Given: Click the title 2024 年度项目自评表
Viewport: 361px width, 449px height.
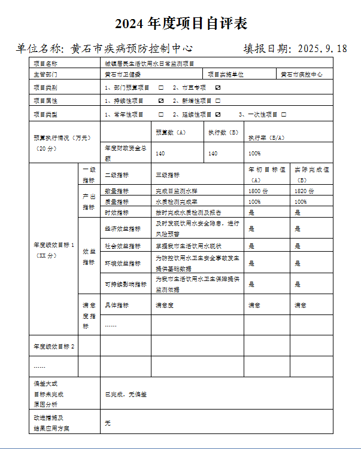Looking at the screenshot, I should [181, 24].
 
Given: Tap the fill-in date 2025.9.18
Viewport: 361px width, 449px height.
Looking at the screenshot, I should [321, 49].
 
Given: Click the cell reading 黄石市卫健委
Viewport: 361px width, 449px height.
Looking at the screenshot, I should [123, 75].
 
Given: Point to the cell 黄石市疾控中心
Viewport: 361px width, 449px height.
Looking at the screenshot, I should [302, 75].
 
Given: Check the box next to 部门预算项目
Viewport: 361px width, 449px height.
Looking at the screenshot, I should [161, 88].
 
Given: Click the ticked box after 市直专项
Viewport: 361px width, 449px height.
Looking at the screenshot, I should [217, 88].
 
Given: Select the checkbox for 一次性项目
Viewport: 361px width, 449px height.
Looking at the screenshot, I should [283, 114].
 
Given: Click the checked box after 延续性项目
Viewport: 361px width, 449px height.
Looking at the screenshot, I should [217, 114].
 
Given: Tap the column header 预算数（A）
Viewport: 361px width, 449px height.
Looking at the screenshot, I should [171, 132].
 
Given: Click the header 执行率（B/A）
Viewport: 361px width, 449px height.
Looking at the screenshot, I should [267, 138].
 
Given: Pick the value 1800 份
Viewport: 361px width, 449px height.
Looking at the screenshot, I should [259, 191].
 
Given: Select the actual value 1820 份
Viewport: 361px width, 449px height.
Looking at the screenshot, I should [305, 191].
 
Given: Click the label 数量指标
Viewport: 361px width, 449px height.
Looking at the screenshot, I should [117, 191].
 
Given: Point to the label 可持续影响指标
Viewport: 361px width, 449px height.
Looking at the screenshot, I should [126, 285].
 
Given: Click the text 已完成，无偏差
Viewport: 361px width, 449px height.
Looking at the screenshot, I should [126, 395].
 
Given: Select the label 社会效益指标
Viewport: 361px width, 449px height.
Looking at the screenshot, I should [123, 246].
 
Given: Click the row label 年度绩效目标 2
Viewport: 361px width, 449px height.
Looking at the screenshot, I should [54, 347].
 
